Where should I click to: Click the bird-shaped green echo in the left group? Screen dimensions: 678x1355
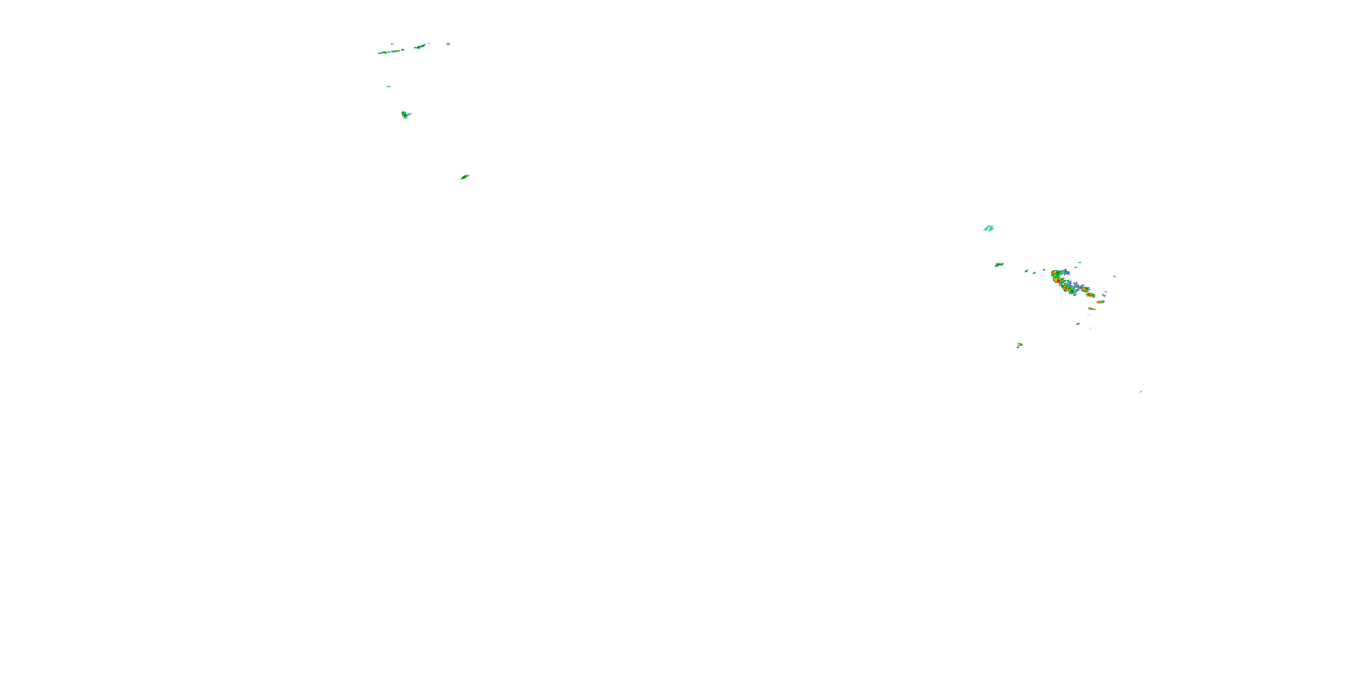click(x=405, y=114)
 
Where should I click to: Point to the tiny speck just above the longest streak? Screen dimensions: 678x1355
click(x=392, y=44)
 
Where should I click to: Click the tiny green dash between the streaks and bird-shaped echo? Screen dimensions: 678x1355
click(x=388, y=86)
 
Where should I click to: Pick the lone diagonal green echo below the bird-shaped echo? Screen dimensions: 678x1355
click(x=464, y=177)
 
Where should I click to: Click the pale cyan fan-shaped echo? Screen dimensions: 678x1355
click(x=989, y=228)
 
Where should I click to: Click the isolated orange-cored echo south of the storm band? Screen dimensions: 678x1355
click(x=1019, y=345)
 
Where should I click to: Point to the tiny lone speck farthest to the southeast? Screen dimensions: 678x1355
click(x=1140, y=391)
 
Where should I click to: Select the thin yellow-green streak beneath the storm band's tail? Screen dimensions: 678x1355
click(x=1092, y=309)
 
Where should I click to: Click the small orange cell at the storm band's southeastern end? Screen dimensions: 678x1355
click(x=1100, y=301)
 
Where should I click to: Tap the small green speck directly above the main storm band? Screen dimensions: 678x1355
click(x=1080, y=262)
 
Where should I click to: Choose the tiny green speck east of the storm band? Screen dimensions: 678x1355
click(x=1115, y=276)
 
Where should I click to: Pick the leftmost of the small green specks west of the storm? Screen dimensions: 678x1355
click(x=1026, y=271)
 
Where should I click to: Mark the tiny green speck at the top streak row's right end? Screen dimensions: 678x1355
click(x=448, y=44)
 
